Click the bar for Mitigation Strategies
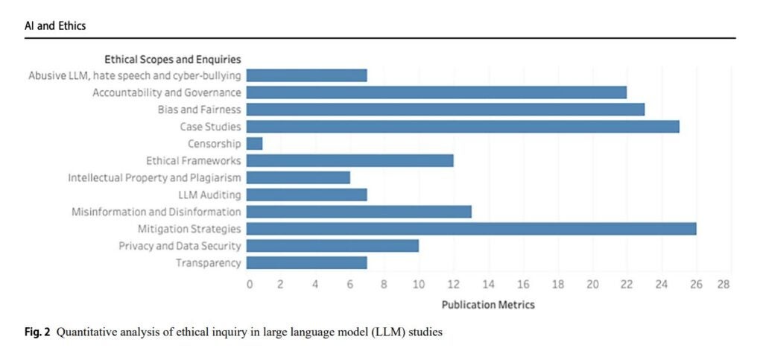click(471, 229)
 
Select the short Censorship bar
click(254, 144)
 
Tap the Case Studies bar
click(462, 127)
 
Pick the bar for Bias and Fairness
click(445, 110)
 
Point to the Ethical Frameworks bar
click(349, 161)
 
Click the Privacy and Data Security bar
click(332, 246)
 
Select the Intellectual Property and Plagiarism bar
click(298, 177)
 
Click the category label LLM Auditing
click(209, 195)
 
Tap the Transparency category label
click(209, 263)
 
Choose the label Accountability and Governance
click(167, 92)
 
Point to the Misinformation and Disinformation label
click(156, 212)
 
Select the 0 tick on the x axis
click(250, 285)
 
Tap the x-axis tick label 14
click(488, 285)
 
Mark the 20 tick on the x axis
click(592, 285)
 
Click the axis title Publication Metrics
click(488, 305)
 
